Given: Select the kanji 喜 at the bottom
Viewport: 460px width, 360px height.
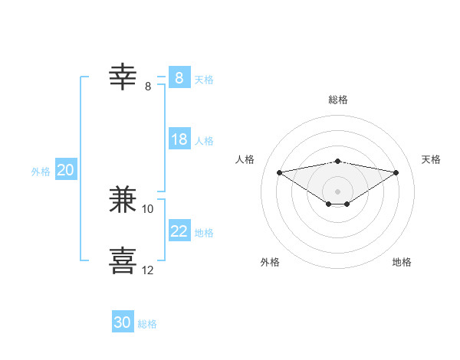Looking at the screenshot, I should tap(123, 259).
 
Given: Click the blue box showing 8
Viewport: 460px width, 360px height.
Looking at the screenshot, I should tap(179, 77).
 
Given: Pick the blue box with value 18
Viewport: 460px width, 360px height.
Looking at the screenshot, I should tap(179, 139).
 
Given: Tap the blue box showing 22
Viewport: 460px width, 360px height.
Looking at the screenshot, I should tap(179, 231).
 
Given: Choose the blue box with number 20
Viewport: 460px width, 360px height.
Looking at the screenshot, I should tap(65, 170).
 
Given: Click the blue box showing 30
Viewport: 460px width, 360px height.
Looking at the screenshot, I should tap(123, 322).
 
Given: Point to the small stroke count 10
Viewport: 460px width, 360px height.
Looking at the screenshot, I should tap(148, 208).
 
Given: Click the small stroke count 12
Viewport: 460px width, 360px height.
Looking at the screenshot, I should tap(148, 270).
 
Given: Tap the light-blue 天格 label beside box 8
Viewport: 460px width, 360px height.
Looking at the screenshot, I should tap(204, 79).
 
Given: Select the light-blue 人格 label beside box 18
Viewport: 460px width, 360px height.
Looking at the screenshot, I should tap(204, 141).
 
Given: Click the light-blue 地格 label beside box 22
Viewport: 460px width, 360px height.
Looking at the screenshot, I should tap(204, 233).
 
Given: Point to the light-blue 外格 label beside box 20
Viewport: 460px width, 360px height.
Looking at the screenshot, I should tap(41, 172).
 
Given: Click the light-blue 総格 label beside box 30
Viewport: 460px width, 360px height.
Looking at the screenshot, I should tap(147, 324).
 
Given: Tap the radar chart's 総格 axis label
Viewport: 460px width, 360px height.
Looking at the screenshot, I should tap(338, 100).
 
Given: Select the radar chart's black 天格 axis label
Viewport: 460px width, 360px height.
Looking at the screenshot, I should tap(431, 159).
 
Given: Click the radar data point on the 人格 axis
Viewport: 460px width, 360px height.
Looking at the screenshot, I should tap(279, 172).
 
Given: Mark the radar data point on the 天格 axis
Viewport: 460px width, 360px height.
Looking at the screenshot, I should tap(396, 172).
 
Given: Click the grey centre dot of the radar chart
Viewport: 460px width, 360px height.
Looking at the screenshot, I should tap(337, 191).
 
